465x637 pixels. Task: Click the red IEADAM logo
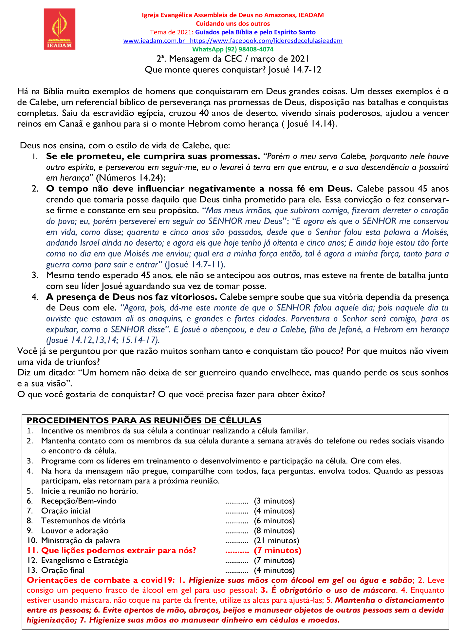pyautogui.click(x=60, y=29)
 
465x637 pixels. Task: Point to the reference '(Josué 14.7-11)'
pyautogui.click(x=195, y=264)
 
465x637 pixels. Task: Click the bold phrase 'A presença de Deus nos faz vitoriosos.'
pyautogui.click(x=132, y=297)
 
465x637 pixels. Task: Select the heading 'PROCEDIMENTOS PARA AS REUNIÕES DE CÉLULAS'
pyautogui.click(x=144, y=420)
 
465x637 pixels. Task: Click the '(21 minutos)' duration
pyautogui.click(x=276, y=540)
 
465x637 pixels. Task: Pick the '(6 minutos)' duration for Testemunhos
pyautogui.click(x=274, y=521)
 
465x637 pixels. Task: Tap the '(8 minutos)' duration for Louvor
pyautogui.click(x=274, y=531)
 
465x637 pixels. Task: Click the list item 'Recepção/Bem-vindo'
pyautogui.click(x=79, y=501)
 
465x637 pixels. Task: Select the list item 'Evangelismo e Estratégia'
pyautogui.click(x=84, y=560)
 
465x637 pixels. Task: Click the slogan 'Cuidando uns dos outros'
pyautogui.click(x=232, y=24)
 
